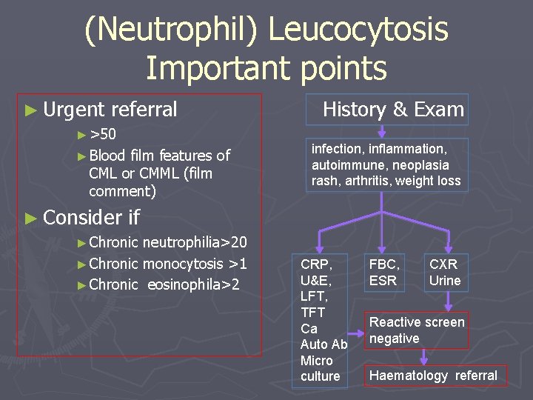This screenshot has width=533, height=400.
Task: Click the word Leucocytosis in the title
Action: point(358,30)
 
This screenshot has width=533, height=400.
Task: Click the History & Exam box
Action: point(393,110)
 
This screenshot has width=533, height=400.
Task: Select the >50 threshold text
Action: point(102,134)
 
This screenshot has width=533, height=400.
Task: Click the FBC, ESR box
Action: point(383,272)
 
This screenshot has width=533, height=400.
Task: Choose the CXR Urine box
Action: point(444,272)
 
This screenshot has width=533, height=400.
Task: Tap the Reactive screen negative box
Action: point(417,330)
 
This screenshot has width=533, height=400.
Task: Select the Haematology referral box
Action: point(433,375)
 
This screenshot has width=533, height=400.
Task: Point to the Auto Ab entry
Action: point(324,344)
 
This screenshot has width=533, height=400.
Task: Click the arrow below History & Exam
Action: point(381,132)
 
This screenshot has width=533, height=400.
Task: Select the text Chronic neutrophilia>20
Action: point(167,243)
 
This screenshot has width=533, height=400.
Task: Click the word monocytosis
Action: point(182,264)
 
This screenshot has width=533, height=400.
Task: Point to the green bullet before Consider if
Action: point(30,218)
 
